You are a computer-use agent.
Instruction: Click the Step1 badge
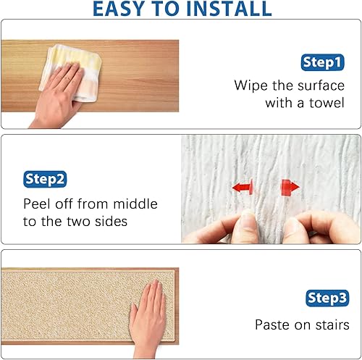[321, 63]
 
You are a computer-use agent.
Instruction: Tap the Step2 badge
[46, 178]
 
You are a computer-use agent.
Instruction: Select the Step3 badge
[329, 298]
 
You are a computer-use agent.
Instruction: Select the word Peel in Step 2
[38, 204]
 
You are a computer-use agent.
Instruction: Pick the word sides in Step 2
[110, 222]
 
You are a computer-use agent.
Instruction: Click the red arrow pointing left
[243, 188]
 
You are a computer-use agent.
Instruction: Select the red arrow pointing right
[290, 188]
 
